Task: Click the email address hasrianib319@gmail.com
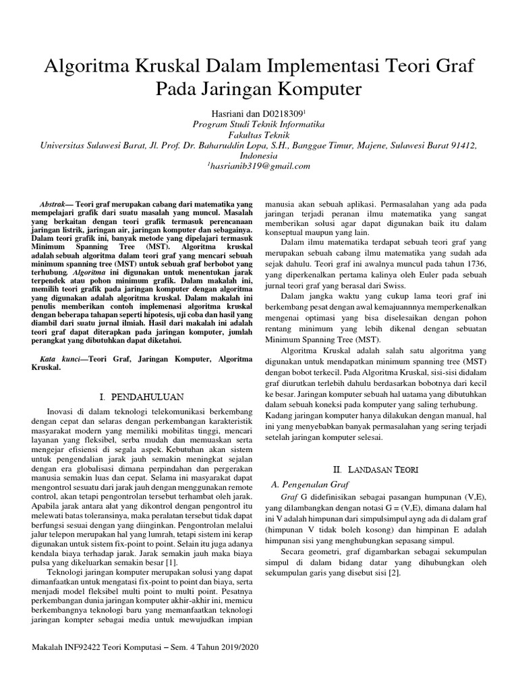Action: click(261, 165)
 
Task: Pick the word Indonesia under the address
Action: click(259, 155)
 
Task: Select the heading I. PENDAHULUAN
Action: click(140, 395)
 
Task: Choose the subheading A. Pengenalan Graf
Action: click(310, 484)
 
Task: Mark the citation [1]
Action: click(173, 543)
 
